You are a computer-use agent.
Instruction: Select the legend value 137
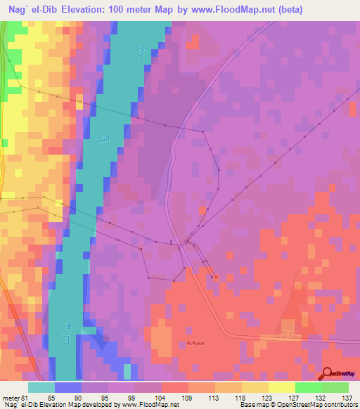(x=346, y=398)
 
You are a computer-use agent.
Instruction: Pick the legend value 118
(x=240, y=398)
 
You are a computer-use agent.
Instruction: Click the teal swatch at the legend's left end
(x=41, y=387)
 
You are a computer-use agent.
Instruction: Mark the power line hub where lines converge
(x=187, y=242)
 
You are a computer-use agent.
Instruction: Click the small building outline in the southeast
(x=288, y=327)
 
